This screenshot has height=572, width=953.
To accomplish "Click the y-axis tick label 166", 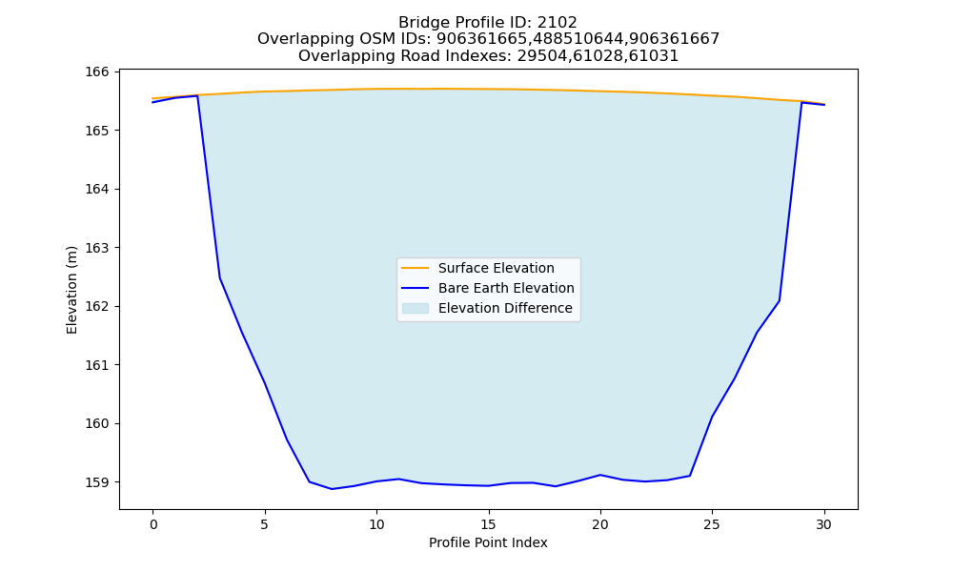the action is pyautogui.click(x=96, y=71).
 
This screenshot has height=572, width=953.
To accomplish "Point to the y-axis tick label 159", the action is pyautogui.click(x=96, y=482).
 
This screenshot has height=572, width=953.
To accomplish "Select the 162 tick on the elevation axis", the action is pyautogui.click(x=96, y=306).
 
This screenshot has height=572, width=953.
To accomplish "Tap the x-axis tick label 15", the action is pyautogui.click(x=488, y=524).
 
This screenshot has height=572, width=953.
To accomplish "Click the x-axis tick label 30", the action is pyautogui.click(x=823, y=524).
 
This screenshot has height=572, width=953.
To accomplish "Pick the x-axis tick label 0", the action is pyautogui.click(x=153, y=524).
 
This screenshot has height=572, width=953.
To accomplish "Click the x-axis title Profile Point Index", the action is pyautogui.click(x=488, y=542).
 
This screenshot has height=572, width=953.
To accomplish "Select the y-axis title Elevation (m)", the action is pyautogui.click(x=71, y=290).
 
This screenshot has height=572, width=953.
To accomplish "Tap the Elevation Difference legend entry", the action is pyautogui.click(x=487, y=308).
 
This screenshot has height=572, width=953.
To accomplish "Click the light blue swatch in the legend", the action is pyautogui.click(x=416, y=308).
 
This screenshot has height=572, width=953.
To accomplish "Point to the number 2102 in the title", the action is pyautogui.click(x=557, y=23).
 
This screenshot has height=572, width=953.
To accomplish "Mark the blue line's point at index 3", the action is pyautogui.click(x=220, y=278).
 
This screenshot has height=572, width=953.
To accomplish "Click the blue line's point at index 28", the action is pyautogui.click(x=780, y=301).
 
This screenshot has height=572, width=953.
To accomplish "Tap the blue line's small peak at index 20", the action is pyautogui.click(x=600, y=475).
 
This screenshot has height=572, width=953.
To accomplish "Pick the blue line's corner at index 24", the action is pyautogui.click(x=690, y=476).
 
